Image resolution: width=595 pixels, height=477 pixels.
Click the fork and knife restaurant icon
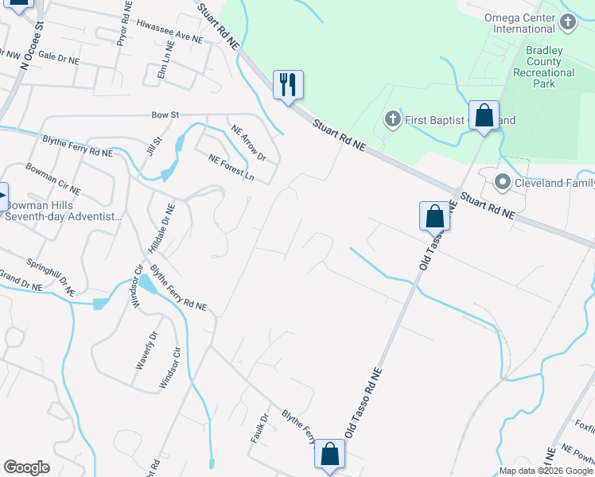(x=288, y=84)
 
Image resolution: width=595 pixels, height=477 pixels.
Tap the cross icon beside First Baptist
(x=391, y=120)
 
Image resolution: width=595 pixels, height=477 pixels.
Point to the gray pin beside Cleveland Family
(x=502, y=184)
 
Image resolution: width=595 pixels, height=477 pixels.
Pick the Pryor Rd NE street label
(x=125, y=23)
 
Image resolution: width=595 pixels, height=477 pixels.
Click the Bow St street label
(x=165, y=115)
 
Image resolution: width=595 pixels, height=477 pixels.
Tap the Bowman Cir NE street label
(x=53, y=179)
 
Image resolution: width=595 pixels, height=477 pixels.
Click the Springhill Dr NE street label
(x=49, y=275)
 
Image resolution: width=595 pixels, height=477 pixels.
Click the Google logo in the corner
(x=26, y=467)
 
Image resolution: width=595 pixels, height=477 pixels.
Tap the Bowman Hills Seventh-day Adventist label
(x=64, y=211)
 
